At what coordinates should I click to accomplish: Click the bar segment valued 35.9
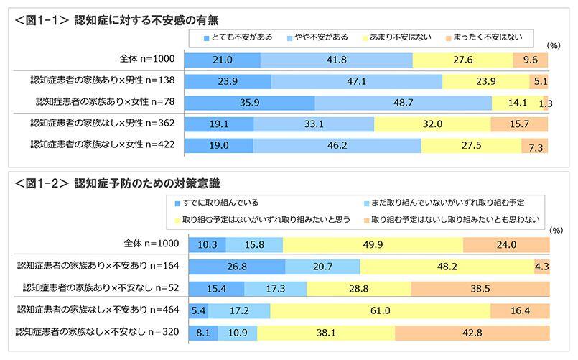249,102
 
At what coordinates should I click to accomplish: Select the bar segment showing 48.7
403,102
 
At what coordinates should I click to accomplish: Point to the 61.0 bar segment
381,312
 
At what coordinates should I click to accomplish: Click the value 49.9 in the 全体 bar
373,245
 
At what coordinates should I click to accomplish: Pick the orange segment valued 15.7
518,124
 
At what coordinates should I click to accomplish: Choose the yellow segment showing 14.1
517,102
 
